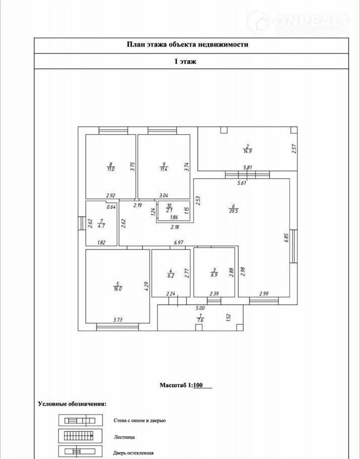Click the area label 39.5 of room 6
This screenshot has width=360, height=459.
(x=233, y=212)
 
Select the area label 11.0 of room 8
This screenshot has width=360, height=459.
(x=110, y=169)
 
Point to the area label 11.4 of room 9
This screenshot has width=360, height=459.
(x=164, y=169)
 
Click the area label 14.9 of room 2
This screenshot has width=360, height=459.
(x=247, y=151)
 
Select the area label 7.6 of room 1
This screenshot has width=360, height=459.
(x=200, y=320)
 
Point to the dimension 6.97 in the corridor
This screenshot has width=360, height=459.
(x=178, y=243)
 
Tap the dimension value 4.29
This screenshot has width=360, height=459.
(x=146, y=286)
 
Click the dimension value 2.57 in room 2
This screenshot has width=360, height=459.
(x=294, y=149)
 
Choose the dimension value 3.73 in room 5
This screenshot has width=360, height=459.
(x=118, y=319)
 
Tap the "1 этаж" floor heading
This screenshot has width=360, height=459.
(x=185, y=62)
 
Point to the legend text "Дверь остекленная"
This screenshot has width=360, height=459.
(x=134, y=453)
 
